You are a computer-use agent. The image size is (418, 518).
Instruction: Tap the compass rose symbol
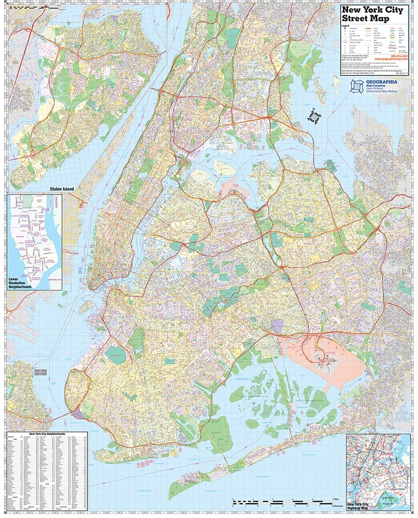click(314, 117)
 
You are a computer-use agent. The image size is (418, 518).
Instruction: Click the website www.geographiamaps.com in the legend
click(393, 59)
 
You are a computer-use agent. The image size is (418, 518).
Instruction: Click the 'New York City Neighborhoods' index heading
click(48, 434)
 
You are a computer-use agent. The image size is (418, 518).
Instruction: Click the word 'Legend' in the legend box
click(346, 25)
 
